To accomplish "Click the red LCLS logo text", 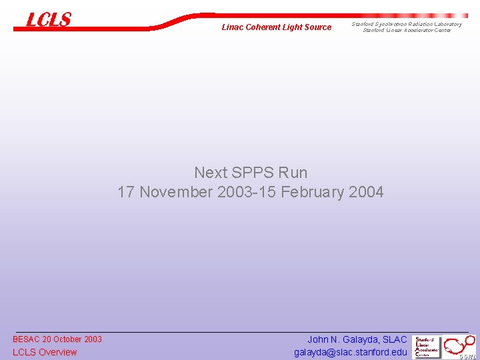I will click(48, 20).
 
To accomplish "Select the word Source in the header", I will click(317, 27).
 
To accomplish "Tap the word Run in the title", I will click(293, 173).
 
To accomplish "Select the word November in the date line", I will click(175, 193).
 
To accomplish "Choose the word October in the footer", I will click(69, 339).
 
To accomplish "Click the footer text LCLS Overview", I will click(45, 352).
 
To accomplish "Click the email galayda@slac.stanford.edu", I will click(350, 352).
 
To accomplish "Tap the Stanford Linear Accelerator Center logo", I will click(427, 347).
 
